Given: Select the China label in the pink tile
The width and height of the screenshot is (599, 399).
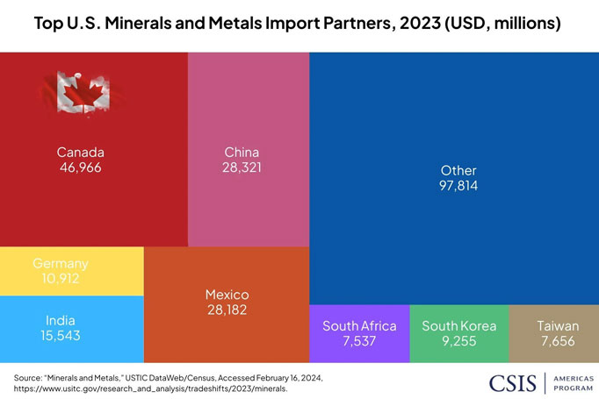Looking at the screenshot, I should tap(242, 152).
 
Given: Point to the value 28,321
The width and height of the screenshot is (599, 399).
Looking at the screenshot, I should tap(242, 167).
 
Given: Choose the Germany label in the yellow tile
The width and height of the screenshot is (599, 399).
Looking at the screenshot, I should tap(61, 263).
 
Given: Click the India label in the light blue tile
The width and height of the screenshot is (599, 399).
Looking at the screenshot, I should tap(61, 321).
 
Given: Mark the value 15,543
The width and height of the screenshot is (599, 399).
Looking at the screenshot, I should tap(61, 336).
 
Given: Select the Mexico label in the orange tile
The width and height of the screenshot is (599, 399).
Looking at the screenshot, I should tap(227, 294).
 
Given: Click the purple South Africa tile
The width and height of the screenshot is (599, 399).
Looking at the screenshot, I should tap(359, 333).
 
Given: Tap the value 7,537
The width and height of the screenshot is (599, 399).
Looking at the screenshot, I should tap(359, 341).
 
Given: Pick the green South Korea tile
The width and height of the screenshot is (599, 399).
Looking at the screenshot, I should tap(458, 333).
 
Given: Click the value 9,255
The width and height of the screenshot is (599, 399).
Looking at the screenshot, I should tap(458, 341).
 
